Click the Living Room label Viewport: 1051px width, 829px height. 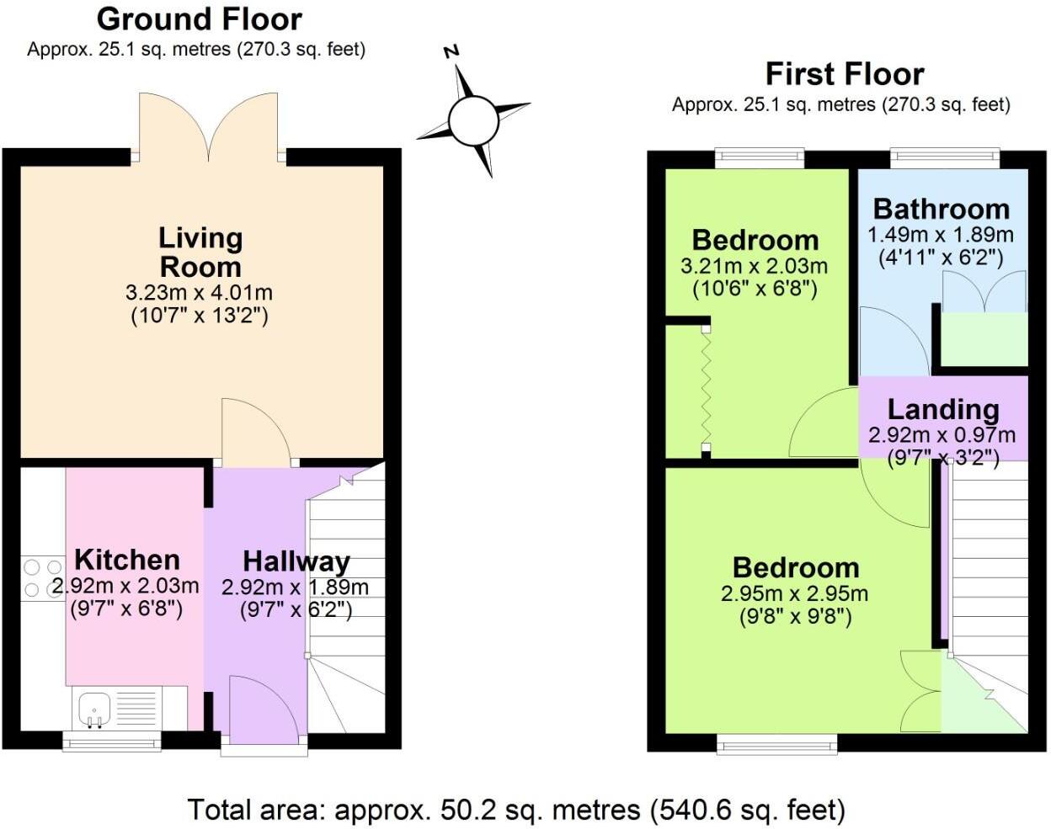200,252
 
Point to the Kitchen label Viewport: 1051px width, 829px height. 127,560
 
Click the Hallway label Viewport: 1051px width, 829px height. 296,561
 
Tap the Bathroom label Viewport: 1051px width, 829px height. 941,209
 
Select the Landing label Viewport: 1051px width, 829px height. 942,410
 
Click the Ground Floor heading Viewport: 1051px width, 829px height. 199,19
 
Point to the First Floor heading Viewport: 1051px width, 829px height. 844,74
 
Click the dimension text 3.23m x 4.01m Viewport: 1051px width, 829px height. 199,294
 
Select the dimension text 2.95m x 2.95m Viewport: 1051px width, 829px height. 794,593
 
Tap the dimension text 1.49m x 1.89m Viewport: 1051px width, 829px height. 941,235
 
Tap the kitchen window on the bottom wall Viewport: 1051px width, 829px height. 112,741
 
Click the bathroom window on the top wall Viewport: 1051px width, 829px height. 945,156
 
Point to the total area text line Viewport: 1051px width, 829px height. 515,810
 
